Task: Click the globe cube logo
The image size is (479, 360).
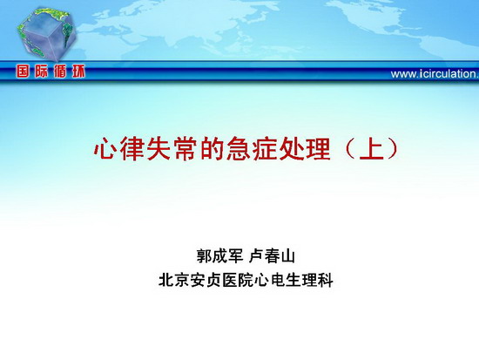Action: coord(46,34)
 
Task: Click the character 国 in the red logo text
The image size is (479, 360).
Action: coord(23,71)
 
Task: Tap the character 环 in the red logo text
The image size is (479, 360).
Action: coord(78,71)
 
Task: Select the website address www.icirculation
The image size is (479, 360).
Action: coord(435,74)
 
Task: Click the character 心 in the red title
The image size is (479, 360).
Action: coord(105,149)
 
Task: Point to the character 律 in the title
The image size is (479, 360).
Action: coord(132,149)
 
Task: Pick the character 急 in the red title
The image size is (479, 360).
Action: coord(239,149)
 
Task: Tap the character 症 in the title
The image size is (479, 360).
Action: coord(266,149)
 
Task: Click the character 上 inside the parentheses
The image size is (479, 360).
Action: coord(372,149)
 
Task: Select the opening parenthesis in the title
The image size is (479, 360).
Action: coord(349,149)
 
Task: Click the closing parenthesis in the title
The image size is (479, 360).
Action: coord(393,149)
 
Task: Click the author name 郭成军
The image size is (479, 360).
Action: coord(220,255)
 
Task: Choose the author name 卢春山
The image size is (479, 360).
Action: coord(272,255)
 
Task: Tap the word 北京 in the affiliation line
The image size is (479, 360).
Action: coord(174,280)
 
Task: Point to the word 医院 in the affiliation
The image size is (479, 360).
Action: coord(238,280)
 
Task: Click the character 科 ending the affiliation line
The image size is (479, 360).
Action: coord(325,280)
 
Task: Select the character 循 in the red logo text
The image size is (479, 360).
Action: coord(60,71)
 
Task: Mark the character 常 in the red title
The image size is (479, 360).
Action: coord(186,149)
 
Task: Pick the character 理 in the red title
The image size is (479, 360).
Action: coord(319,149)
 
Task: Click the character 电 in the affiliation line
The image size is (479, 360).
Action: coord(278,280)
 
